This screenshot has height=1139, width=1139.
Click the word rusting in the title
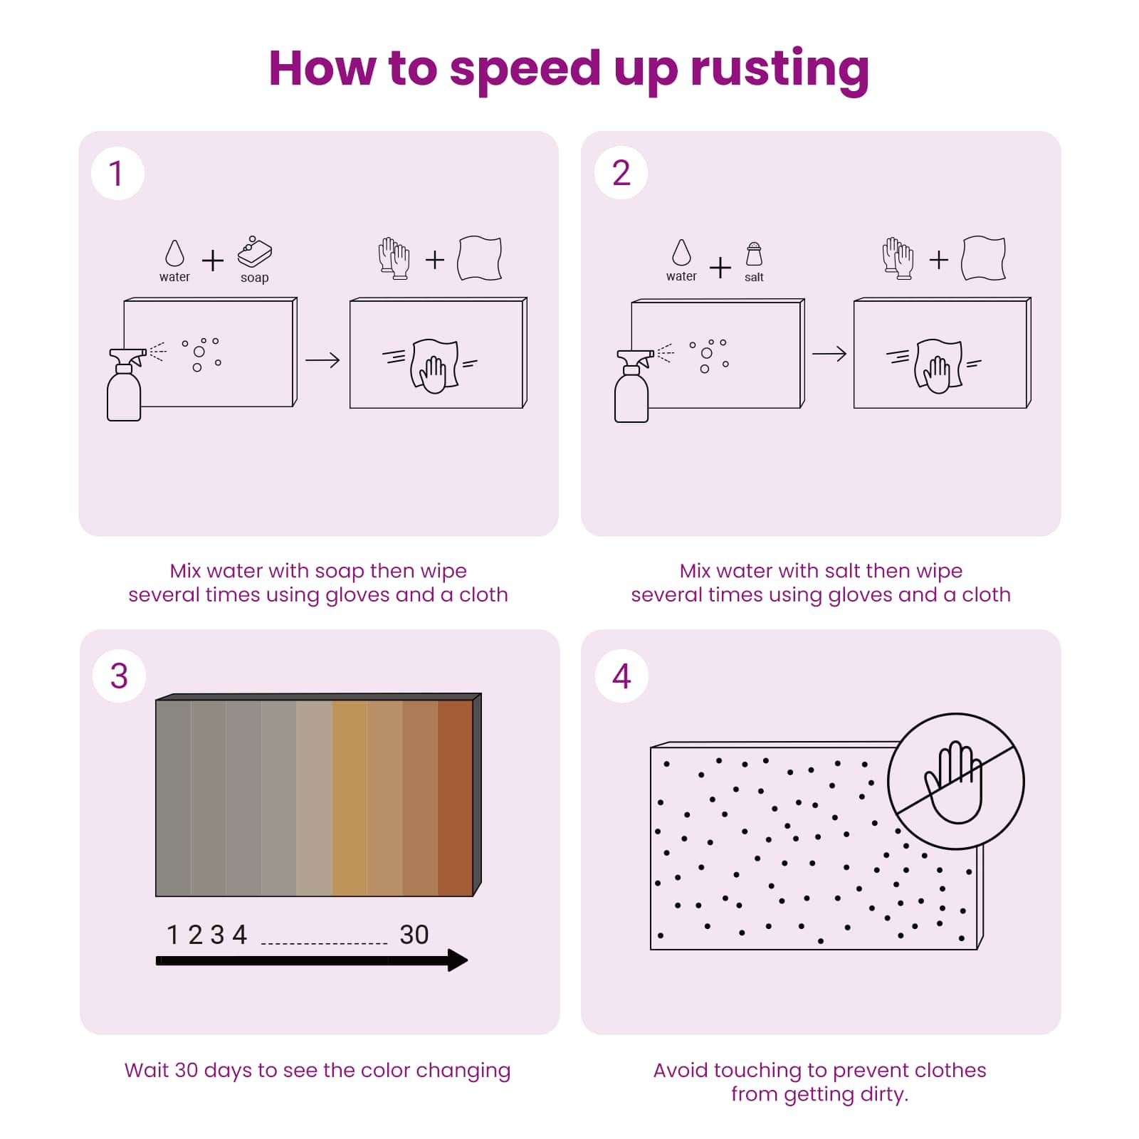(x=780, y=69)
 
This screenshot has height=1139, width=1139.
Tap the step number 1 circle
(x=117, y=174)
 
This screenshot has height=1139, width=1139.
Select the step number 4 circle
(x=621, y=676)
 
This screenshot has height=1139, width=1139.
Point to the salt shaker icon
(x=754, y=254)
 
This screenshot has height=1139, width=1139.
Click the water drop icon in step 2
(x=681, y=252)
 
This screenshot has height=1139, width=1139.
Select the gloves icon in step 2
(x=898, y=258)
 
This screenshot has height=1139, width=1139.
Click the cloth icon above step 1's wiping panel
(x=480, y=258)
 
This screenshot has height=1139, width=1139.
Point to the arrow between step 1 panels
(x=322, y=360)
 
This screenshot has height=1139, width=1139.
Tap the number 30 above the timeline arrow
(x=414, y=935)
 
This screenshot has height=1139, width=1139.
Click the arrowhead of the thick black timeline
(x=458, y=960)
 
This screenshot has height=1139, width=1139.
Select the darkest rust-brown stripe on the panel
(x=456, y=797)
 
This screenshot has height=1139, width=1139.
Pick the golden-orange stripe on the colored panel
(x=350, y=797)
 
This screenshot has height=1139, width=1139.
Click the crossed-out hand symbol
(x=956, y=782)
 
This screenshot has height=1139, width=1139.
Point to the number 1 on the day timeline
(x=172, y=935)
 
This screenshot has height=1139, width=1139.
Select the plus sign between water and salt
(x=720, y=268)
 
